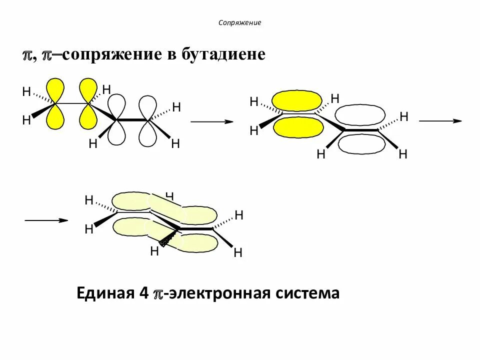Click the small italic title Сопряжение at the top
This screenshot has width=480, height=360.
coord(240,23)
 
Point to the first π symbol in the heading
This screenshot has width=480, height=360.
coord(27,55)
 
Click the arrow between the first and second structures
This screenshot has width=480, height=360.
coord(212,121)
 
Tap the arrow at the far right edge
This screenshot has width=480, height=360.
coord(440,121)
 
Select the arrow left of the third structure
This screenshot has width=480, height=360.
coord(46,220)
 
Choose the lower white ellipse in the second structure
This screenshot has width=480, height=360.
coord(361,144)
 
